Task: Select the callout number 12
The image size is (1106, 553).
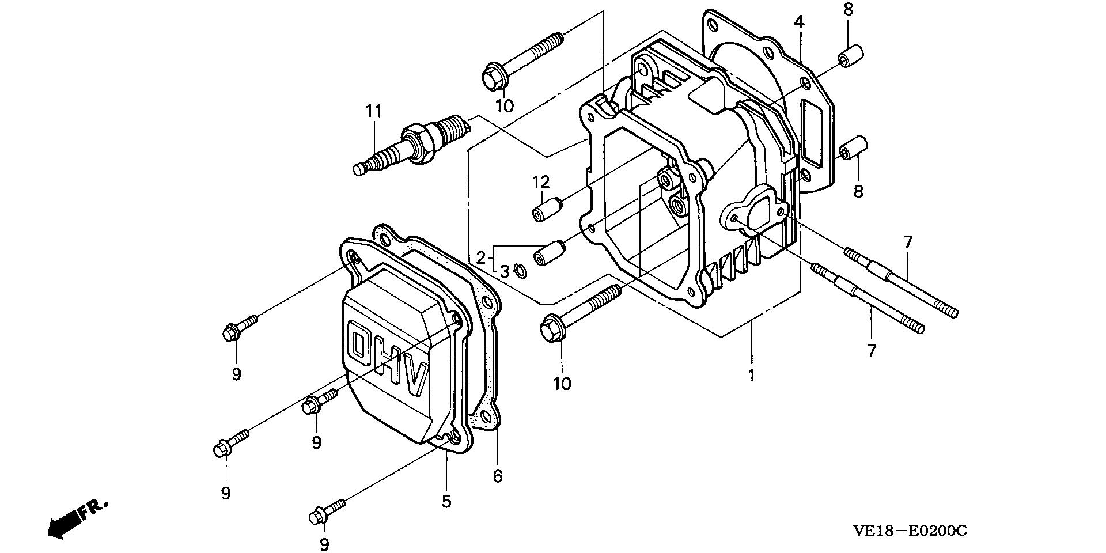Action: point(541,183)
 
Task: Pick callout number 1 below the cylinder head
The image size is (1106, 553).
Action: point(751,376)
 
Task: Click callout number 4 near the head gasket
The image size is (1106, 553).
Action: point(798,22)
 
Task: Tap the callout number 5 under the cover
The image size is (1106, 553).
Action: point(446,502)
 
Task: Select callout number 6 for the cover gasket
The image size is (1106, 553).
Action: point(498,476)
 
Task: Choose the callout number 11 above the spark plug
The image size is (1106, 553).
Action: point(374,111)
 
